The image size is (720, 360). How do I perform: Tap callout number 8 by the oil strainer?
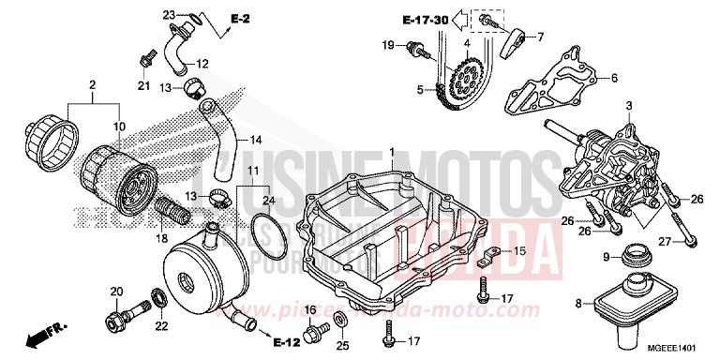coord(578,302)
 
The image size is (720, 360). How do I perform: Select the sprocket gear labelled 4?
coord(465,80)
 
